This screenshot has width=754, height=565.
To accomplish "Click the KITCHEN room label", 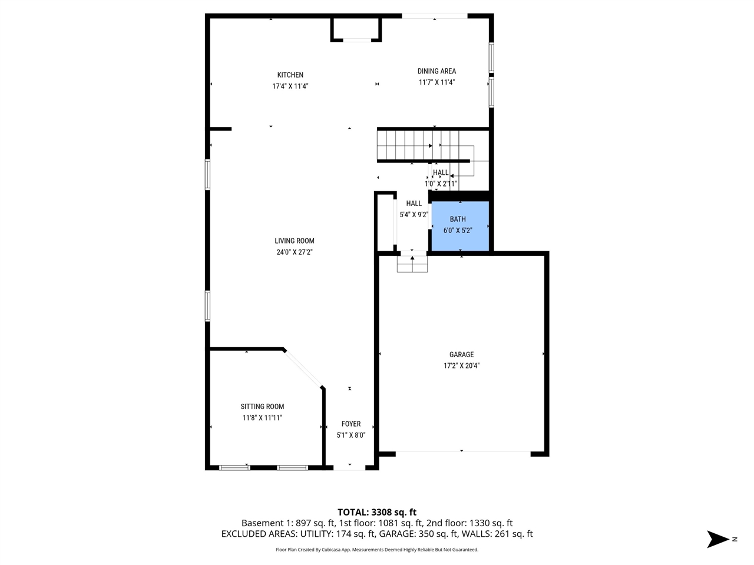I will (290, 75).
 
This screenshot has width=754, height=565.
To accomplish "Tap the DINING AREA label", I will (436, 71).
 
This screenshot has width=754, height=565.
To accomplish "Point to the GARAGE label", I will (461, 354).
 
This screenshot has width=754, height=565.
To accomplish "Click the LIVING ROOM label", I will (295, 241).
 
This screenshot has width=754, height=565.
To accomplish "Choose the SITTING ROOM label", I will (262, 407).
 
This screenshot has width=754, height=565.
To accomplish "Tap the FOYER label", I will (351, 424).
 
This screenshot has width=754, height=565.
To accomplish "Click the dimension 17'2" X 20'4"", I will (461, 365).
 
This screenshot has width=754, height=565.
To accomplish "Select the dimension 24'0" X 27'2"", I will (295, 252).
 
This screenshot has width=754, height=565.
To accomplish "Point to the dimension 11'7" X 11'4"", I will (436, 82).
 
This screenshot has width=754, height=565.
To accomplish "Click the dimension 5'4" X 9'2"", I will (414, 215).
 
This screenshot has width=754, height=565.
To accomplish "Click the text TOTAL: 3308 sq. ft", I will (377, 512).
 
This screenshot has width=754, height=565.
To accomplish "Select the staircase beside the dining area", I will (412, 145).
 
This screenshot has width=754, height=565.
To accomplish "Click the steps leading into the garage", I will (412, 264).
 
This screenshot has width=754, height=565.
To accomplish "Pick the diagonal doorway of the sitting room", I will (303, 368).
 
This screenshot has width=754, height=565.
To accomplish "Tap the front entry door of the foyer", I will (350, 468).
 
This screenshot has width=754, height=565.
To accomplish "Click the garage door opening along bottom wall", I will (463, 452).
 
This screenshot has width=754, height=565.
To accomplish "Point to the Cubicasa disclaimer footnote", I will (377, 550).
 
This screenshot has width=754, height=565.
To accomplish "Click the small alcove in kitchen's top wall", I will (356, 29).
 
